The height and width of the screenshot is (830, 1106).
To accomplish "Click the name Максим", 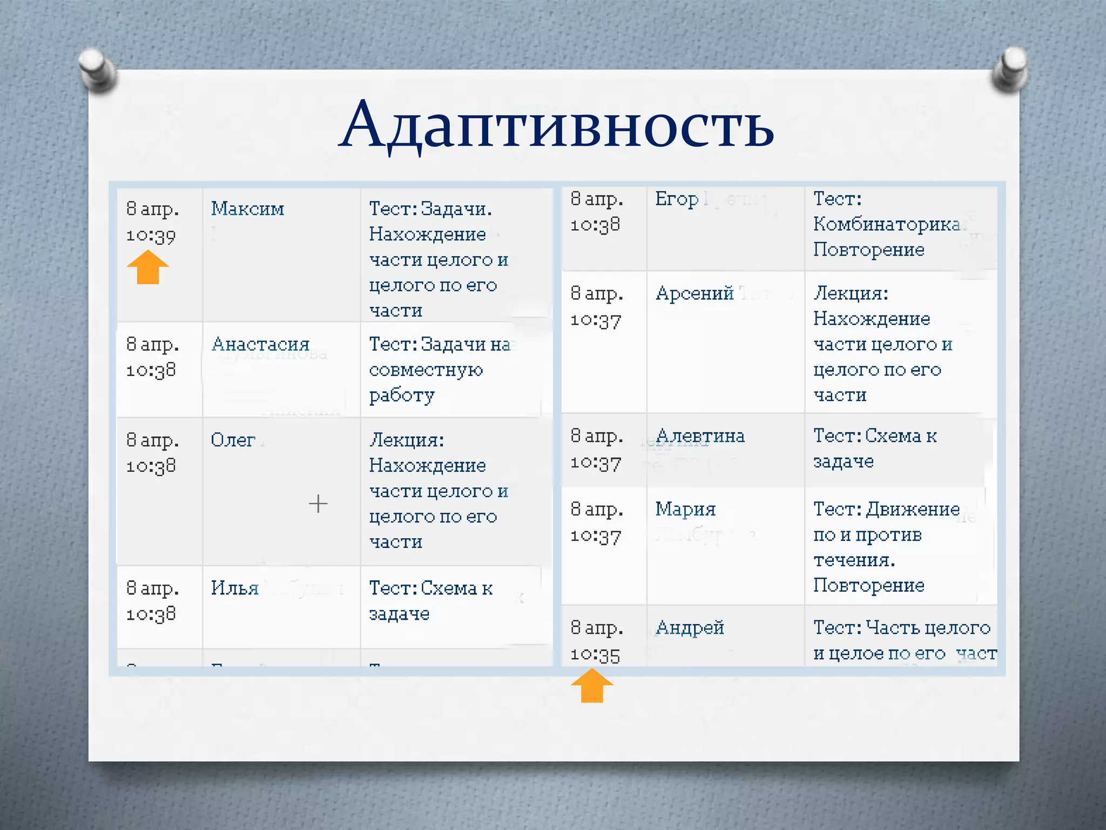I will (x=247, y=209).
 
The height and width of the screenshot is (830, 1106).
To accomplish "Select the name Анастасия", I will (x=260, y=344).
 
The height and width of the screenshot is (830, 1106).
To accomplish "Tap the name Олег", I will (x=233, y=440).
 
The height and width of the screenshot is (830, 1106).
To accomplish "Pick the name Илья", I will (x=234, y=588).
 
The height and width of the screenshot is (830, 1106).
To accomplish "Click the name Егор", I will (x=677, y=199).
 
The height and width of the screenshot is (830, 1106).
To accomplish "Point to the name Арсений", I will (x=694, y=293).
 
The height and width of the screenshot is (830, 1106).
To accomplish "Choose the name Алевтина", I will (x=700, y=436).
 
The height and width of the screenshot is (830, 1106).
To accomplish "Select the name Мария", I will (x=685, y=509).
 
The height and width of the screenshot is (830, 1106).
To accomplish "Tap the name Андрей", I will (x=690, y=628).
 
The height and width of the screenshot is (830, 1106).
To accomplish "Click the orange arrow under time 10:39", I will (x=148, y=267).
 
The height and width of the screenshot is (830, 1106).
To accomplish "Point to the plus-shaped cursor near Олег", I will (x=318, y=504).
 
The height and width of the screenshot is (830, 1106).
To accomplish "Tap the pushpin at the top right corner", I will (x=1010, y=69).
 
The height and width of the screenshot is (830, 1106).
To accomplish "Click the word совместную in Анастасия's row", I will (x=426, y=370).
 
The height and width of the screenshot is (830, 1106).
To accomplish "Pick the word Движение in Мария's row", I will (x=913, y=509).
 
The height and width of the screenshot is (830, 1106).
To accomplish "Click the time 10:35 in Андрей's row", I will (x=595, y=655).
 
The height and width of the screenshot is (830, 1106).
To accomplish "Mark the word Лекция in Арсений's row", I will (x=850, y=293).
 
